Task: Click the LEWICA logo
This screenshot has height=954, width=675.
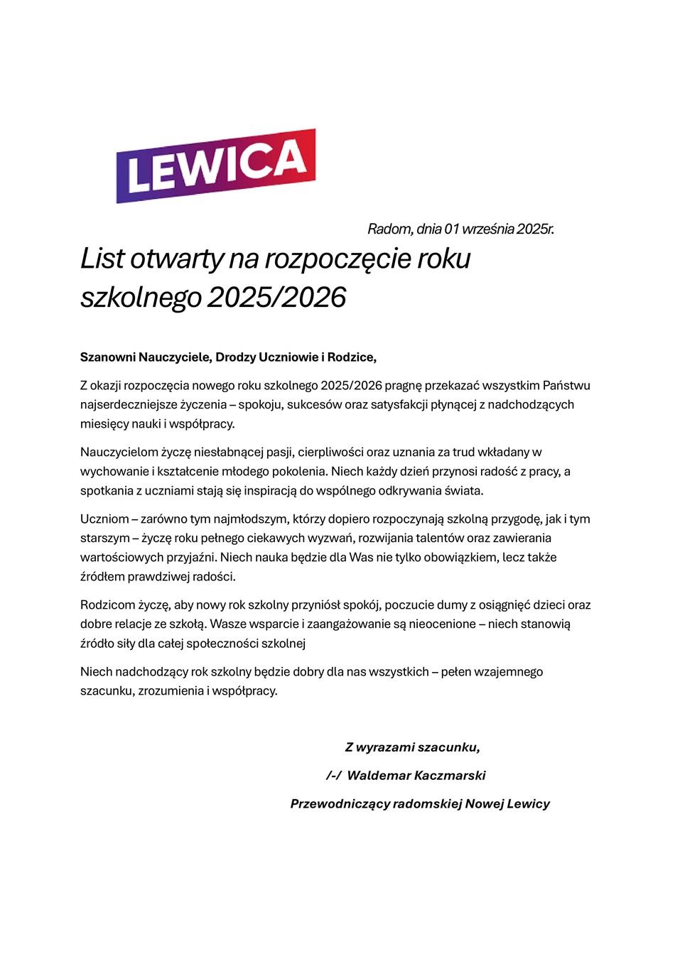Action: tap(215, 166)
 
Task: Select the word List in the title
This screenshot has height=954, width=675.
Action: tap(102, 259)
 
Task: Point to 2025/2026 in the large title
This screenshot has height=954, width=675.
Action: tap(276, 297)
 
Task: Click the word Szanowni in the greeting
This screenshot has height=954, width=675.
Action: tap(107, 357)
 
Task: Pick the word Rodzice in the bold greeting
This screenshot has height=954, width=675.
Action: tap(350, 357)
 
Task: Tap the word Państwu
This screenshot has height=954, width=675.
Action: tap(566, 386)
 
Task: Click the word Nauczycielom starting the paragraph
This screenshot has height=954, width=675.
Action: tap(119, 452)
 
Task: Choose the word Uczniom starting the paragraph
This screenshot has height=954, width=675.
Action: tap(104, 519)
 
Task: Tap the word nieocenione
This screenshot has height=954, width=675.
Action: tap(442, 624)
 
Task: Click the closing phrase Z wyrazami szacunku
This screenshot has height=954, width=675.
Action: tap(412, 747)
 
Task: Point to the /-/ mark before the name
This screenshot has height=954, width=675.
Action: tap(333, 776)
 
